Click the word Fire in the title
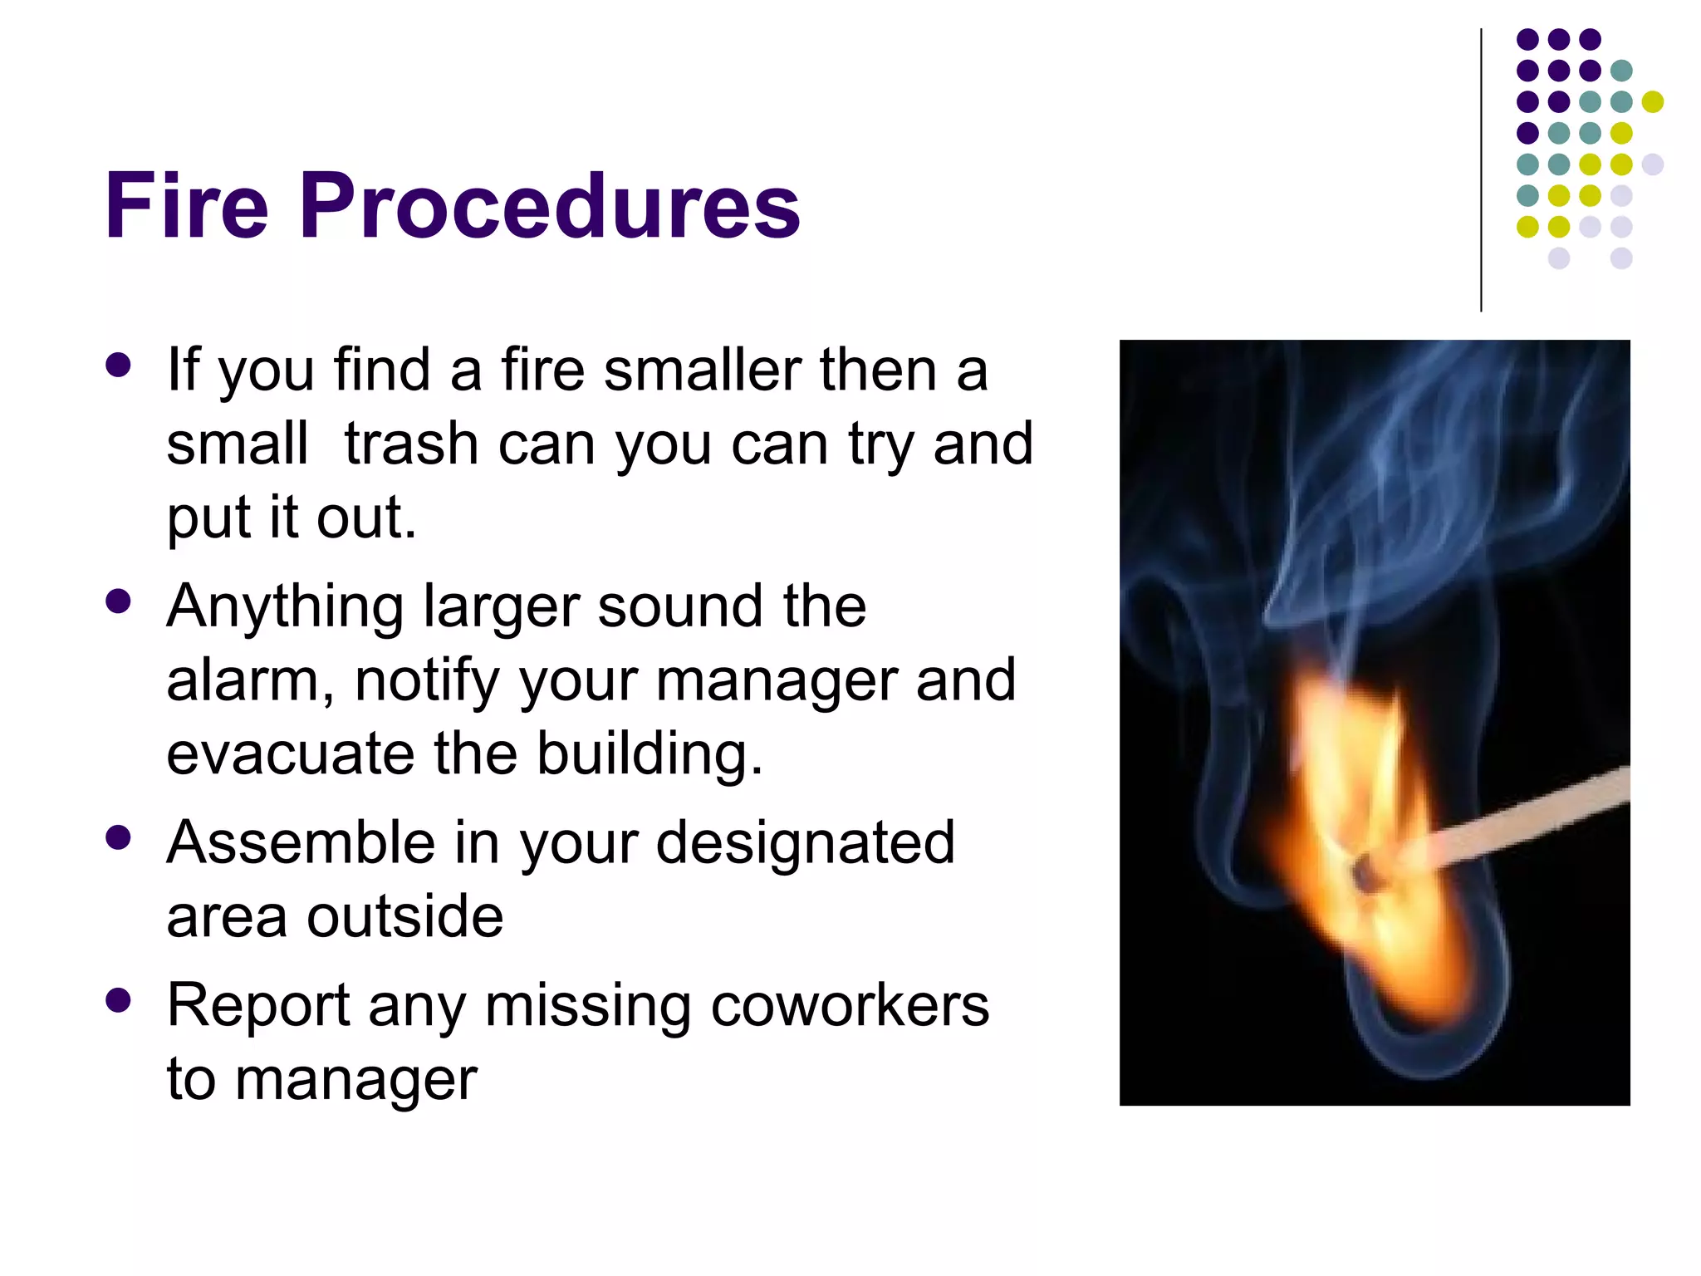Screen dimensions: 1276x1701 [187, 205]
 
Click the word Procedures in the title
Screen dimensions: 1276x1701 [550, 205]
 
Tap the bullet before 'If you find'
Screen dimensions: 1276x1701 [119, 366]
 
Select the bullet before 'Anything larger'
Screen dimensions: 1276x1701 [119, 601]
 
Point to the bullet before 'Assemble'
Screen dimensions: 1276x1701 [119, 837]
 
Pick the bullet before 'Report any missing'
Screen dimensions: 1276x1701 [119, 1000]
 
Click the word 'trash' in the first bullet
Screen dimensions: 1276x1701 [411, 444]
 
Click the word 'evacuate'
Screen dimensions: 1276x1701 [290, 753]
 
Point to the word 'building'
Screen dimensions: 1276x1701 [648, 753]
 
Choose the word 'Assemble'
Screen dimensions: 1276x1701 [301, 842]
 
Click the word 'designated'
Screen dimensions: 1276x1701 [805, 842]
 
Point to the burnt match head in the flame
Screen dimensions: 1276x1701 [1363, 873]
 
